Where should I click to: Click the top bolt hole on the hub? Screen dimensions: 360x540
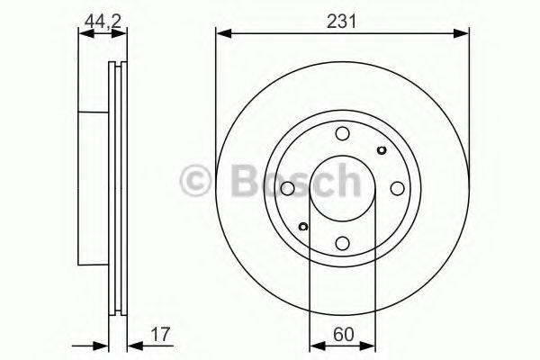[342, 134]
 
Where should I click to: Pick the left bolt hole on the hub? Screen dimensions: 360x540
[287, 189]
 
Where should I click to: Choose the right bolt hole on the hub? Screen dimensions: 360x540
[396, 189]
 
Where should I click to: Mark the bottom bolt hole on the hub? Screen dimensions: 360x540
[342, 243]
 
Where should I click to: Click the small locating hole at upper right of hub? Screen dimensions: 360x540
[381, 151]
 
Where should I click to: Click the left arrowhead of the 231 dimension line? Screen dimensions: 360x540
[221, 34]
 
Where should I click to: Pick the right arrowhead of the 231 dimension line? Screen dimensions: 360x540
[463, 34]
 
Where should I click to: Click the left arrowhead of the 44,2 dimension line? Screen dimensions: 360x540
[84, 34]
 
